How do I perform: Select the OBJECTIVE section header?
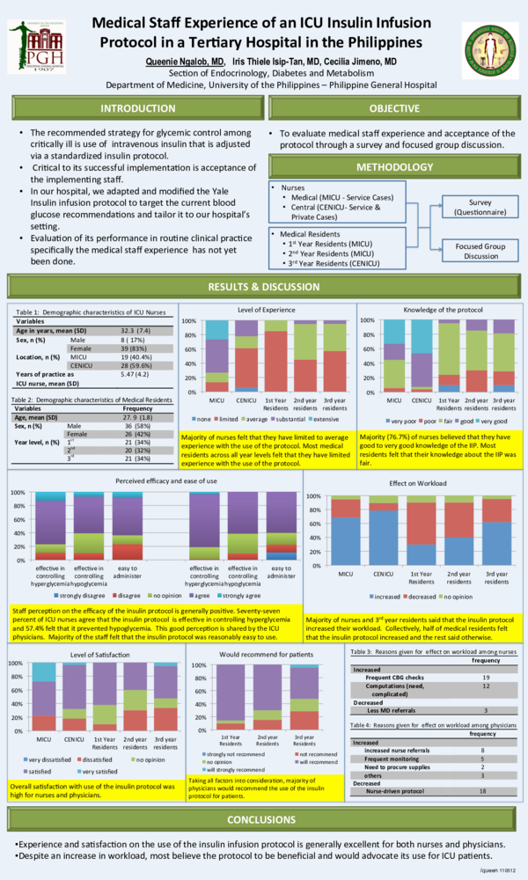pyautogui.click(x=393, y=108)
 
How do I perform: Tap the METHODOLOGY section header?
pyautogui.click(x=393, y=167)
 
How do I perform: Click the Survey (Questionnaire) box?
pyautogui.click(x=480, y=207)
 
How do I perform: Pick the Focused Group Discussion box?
pyautogui.click(x=480, y=251)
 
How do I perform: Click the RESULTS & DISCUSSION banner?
pyautogui.click(x=264, y=287)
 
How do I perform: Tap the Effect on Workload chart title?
pyautogui.click(x=414, y=483)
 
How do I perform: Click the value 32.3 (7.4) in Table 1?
pyautogui.click(x=134, y=330)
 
